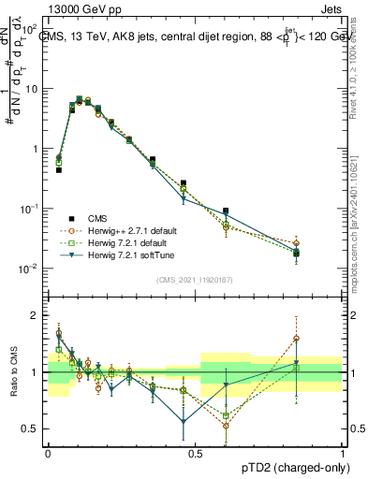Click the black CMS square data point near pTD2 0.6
click(226, 211)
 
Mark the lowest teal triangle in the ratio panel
click(183, 422)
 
